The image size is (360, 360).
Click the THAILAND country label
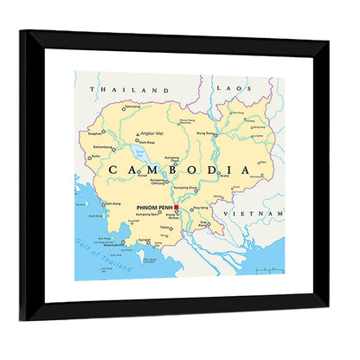(x=133, y=90)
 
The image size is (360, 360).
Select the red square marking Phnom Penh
(x=176, y=208)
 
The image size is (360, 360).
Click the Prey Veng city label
(x=201, y=209)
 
